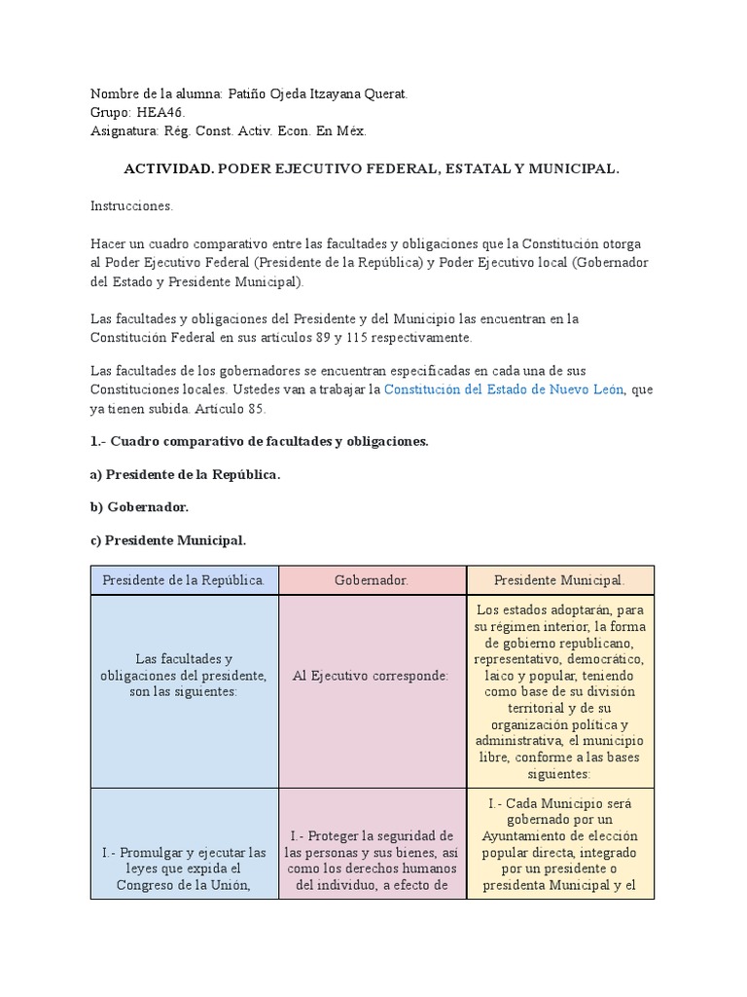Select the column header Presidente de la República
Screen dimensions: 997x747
click(185, 580)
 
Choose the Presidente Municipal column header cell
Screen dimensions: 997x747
click(560, 580)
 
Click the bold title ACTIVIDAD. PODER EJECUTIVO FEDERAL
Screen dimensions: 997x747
click(372, 168)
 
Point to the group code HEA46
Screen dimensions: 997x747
click(159, 112)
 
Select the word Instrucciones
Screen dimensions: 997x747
click(131, 206)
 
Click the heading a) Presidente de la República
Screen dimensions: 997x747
click(186, 474)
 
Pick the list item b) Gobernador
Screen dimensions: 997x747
click(140, 506)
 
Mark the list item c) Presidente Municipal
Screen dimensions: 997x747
click(168, 539)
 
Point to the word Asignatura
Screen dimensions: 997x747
click(124, 130)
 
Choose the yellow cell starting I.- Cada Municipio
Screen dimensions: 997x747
click(560, 844)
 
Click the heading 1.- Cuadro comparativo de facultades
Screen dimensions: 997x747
click(259, 441)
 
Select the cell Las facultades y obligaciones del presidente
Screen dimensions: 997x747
click(185, 675)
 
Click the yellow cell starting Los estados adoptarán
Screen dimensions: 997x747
click(560, 691)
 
